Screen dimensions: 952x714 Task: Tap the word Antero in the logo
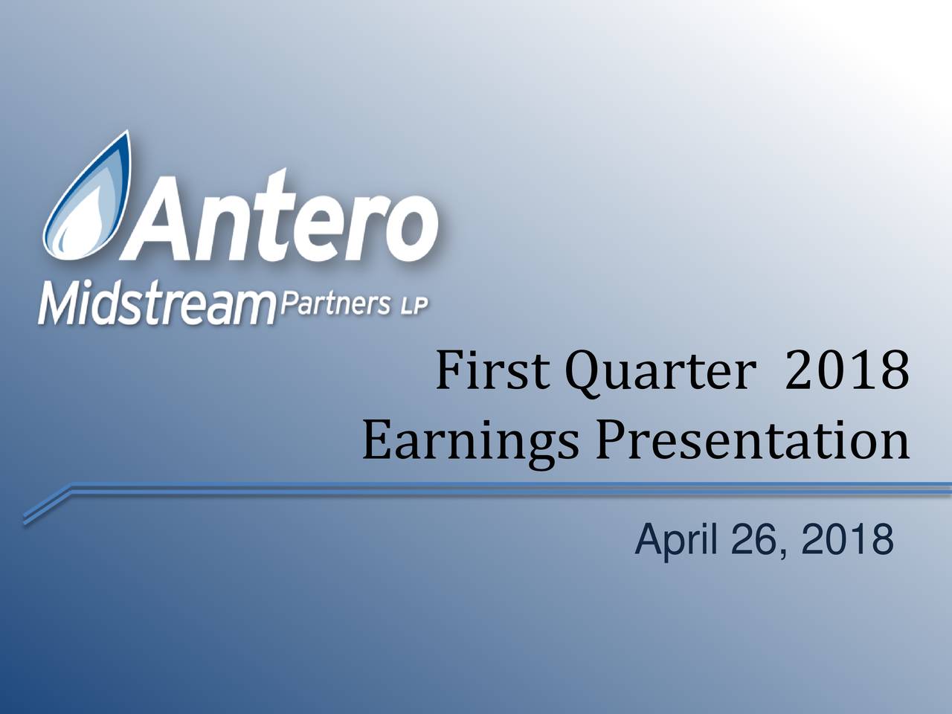coord(280,216)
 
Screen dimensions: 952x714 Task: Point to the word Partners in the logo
coord(335,303)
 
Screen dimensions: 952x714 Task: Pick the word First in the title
coord(492,371)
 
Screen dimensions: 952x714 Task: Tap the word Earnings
coord(470,443)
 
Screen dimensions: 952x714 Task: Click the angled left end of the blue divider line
coord(25,520)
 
